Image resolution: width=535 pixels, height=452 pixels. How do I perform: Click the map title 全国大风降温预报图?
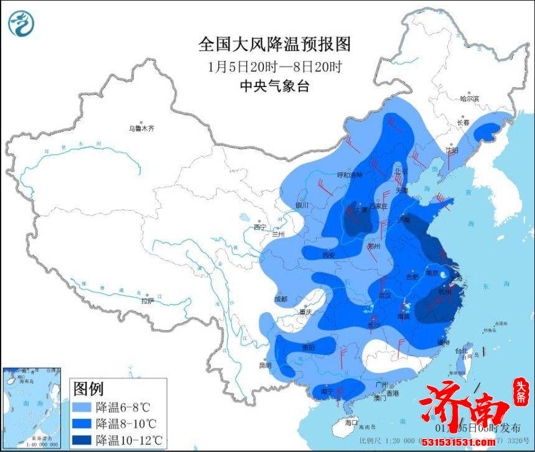tap(274, 44)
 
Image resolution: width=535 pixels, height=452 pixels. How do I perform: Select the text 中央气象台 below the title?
tap(274, 86)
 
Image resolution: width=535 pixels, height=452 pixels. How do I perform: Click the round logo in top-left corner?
tap(21, 24)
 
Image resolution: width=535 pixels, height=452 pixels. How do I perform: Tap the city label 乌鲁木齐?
tap(141, 129)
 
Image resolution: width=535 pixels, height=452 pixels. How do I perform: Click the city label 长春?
tap(463, 122)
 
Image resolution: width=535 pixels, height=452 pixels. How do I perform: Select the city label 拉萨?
tap(147, 301)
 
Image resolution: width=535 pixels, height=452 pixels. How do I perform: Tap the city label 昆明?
tap(264, 365)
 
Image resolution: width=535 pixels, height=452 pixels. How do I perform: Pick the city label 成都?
tap(281, 299)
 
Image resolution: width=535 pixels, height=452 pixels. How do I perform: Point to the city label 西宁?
tap(259, 228)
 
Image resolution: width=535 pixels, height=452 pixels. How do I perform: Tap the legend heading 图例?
tap(88, 389)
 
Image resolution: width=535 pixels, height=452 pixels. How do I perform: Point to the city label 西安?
tap(328, 255)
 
